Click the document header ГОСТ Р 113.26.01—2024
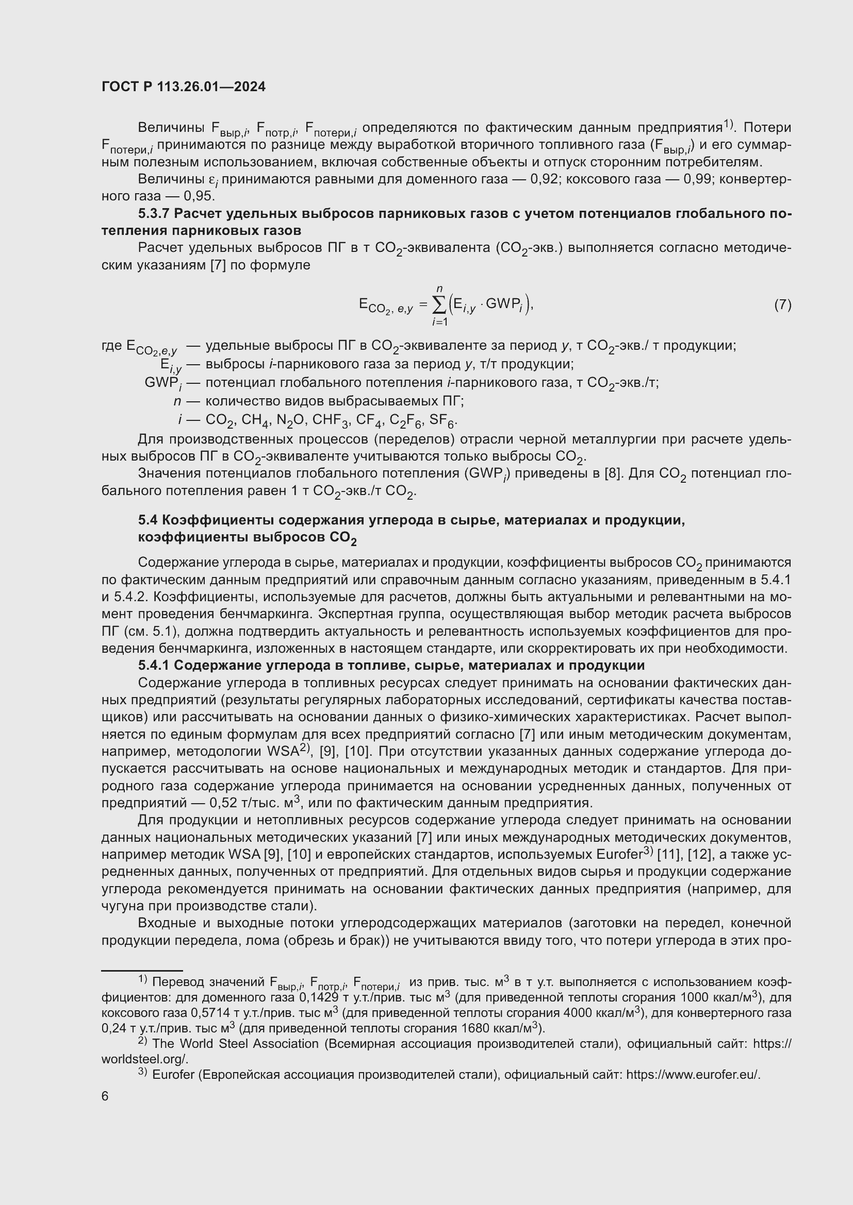[183, 87]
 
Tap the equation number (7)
[782, 304]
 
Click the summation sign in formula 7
[438, 304]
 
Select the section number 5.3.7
[154, 214]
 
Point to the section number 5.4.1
[154, 666]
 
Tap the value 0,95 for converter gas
[199, 196]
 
